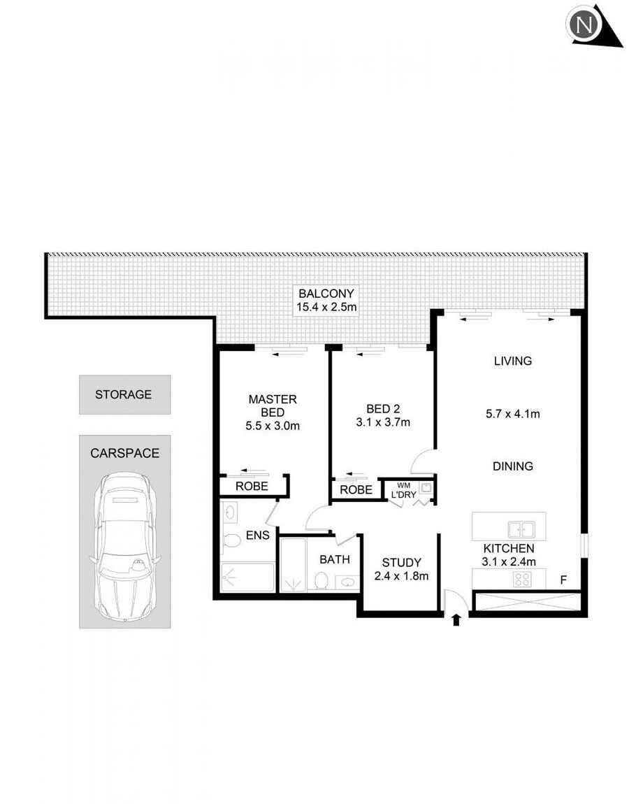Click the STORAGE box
[x=124, y=394]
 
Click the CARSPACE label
[x=124, y=453]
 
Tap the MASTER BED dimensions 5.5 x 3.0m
[x=273, y=426]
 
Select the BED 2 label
[x=384, y=408]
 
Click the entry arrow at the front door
[x=456, y=619]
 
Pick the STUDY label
[x=401, y=563]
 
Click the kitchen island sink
[x=521, y=529]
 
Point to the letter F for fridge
[x=563, y=580]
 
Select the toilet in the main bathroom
[x=321, y=580]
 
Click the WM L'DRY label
[x=405, y=489]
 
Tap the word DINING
[x=513, y=466]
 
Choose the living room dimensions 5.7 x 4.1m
[x=513, y=414]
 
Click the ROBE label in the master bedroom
[x=251, y=486]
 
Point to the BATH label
[x=335, y=559]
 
